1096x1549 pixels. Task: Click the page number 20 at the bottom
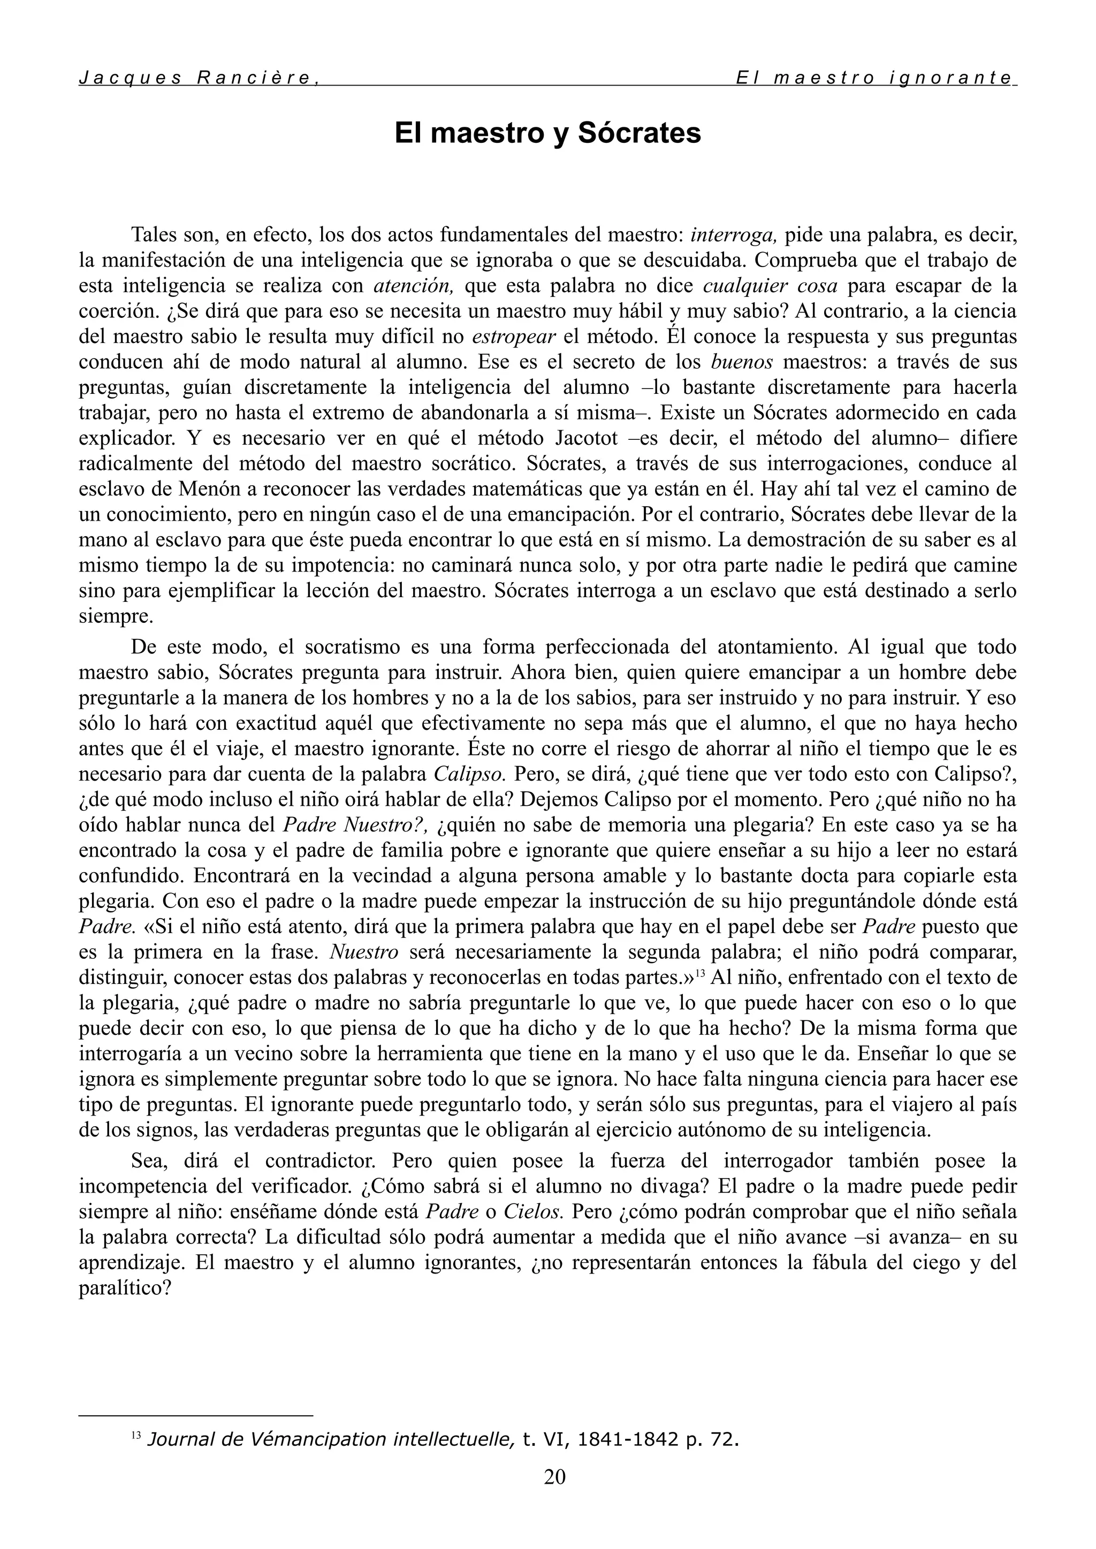coord(555,1477)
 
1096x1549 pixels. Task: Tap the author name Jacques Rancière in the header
coord(197,78)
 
